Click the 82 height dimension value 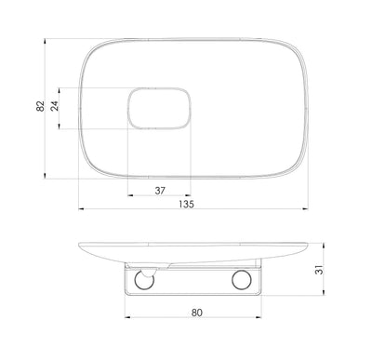coord(40,107)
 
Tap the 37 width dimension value coord(159,191)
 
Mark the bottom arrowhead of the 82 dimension coord(47,177)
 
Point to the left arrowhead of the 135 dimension coord(81,204)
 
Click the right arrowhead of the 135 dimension coord(308,204)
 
